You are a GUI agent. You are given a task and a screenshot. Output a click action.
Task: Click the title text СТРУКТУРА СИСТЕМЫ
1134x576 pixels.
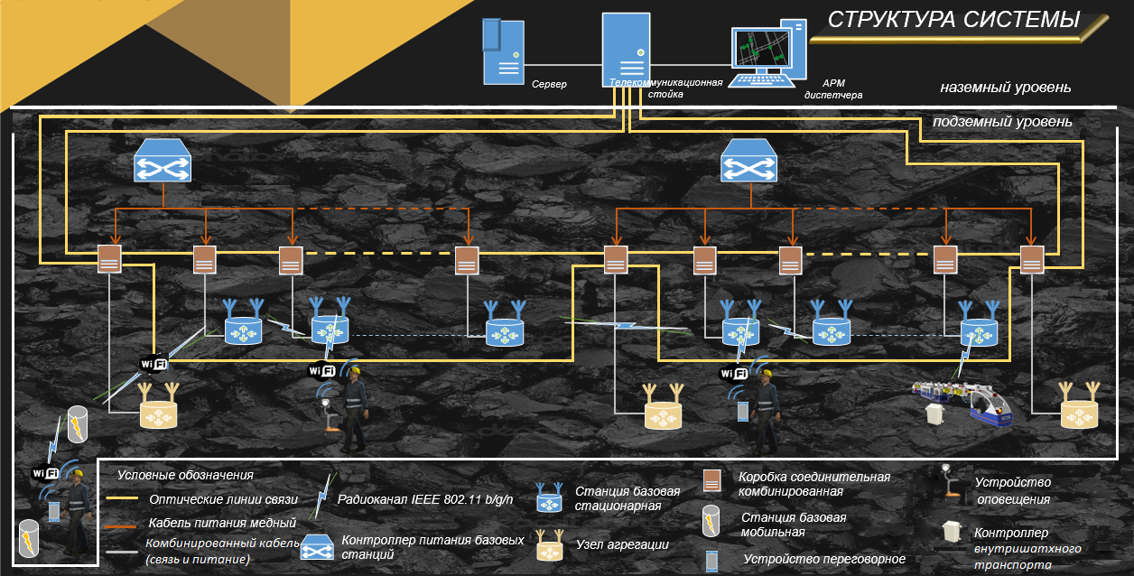(953, 20)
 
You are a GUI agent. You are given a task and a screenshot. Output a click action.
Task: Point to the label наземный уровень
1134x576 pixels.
(1005, 88)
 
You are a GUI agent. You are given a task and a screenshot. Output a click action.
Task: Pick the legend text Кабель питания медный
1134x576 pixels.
(221, 523)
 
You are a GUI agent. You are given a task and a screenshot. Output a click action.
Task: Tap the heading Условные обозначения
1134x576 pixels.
(185, 474)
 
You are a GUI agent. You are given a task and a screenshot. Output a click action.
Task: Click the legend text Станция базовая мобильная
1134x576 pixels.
(794, 525)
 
